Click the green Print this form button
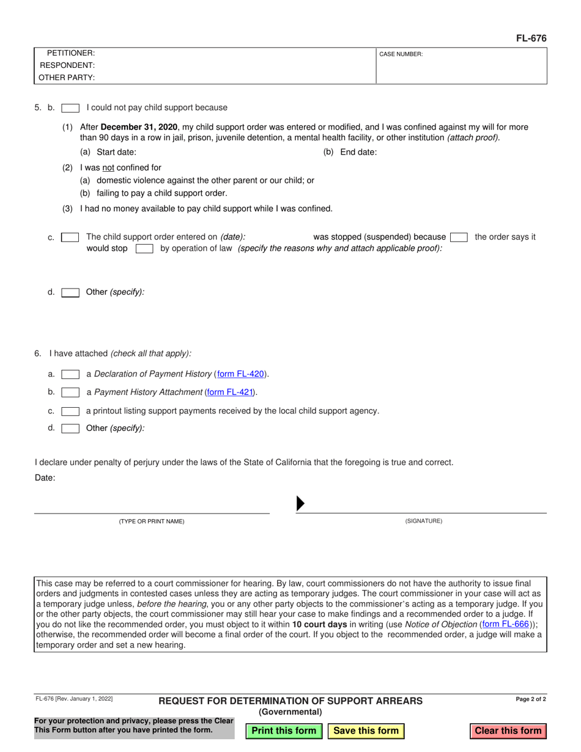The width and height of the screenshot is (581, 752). coord(284,731)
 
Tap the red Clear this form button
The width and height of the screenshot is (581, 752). coord(508,731)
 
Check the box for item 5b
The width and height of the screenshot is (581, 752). coord(70,108)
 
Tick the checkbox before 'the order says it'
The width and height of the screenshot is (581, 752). coord(459,237)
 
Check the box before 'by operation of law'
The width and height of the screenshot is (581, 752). coord(144,249)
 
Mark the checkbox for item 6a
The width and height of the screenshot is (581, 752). coord(70,374)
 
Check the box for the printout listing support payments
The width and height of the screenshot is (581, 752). coord(70,411)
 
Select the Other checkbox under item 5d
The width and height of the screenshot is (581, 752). coord(70,292)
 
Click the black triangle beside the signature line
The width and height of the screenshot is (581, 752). coord(300,504)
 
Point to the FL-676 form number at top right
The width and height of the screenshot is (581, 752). coord(531,39)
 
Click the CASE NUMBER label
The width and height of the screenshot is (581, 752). coord(401,54)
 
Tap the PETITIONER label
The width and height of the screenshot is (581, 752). coord(70,53)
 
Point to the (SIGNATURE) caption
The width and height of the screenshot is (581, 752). coord(423,522)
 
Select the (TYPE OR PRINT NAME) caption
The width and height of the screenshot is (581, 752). coord(151,522)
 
